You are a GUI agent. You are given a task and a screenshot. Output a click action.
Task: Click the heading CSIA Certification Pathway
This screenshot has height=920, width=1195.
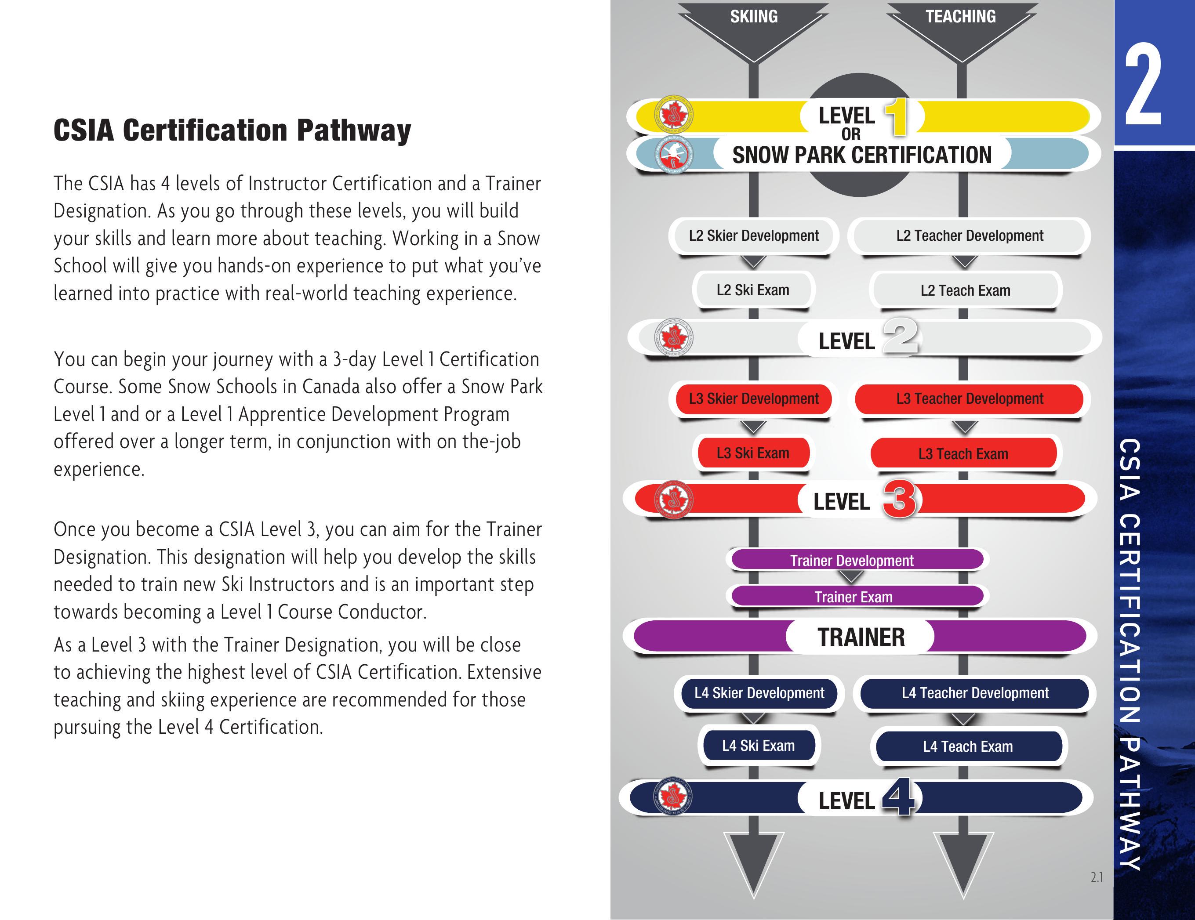(x=232, y=131)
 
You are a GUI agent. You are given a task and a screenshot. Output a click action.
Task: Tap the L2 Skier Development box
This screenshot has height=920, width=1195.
(x=753, y=236)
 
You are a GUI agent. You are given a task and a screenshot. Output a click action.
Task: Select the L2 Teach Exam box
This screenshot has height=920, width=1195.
(x=965, y=290)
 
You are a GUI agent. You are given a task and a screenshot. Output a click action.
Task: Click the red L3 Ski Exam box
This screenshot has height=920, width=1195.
(x=753, y=453)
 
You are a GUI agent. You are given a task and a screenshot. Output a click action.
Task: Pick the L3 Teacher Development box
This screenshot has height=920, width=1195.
(x=969, y=399)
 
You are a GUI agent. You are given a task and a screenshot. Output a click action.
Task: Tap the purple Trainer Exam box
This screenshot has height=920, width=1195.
(x=854, y=597)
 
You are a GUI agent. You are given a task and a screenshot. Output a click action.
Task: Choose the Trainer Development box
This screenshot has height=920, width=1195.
(x=851, y=560)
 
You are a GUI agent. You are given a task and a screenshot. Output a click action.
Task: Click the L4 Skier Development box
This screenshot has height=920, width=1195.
(x=759, y=693)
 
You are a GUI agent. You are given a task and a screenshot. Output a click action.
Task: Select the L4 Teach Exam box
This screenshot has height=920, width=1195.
(x=967, y=746)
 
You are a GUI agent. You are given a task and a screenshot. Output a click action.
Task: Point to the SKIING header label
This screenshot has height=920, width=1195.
(x=753, y=16)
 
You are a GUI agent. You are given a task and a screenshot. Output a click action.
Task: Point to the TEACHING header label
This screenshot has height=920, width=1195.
(x=960, y=16)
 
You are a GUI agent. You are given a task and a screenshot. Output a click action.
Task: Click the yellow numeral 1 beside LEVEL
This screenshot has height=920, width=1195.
(x=896, y=116)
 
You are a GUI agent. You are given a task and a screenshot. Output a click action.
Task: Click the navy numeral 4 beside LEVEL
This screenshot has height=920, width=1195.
(x=898, y=798)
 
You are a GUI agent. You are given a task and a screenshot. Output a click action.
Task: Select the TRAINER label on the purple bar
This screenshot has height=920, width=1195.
(x=861, y=637)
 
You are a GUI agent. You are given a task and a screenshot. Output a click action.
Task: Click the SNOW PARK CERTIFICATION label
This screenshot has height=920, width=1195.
(x=862, y=155)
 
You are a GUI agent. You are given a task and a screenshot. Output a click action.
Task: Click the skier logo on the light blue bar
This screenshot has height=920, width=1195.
(x=673, y=154)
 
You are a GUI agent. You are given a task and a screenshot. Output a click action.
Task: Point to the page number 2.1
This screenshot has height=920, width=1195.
(x=1096, y=877)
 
